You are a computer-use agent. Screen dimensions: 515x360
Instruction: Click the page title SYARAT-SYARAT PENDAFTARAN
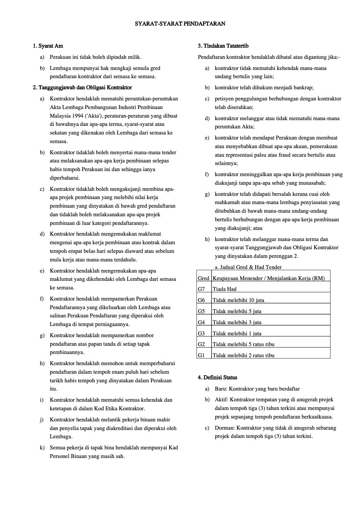180,24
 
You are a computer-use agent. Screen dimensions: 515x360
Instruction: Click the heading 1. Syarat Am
48,46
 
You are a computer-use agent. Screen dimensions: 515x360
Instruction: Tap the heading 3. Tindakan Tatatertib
223,46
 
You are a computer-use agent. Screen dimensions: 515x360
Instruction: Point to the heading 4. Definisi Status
217,377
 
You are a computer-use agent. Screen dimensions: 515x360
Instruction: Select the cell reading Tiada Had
224,289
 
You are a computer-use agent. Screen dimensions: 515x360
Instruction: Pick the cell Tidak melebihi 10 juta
238,300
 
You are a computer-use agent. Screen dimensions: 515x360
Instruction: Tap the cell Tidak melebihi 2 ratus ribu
243,355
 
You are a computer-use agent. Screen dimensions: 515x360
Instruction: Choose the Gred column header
203,278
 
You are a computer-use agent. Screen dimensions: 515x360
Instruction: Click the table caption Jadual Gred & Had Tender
248,267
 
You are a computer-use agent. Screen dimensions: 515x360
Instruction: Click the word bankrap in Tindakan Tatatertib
303,88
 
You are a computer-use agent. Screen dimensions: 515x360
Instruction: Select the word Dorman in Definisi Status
224,428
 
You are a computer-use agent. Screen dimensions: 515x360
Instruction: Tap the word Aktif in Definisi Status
221,400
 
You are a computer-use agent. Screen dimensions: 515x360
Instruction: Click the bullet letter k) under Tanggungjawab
42,448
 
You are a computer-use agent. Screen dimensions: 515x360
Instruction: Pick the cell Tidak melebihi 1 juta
237,334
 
